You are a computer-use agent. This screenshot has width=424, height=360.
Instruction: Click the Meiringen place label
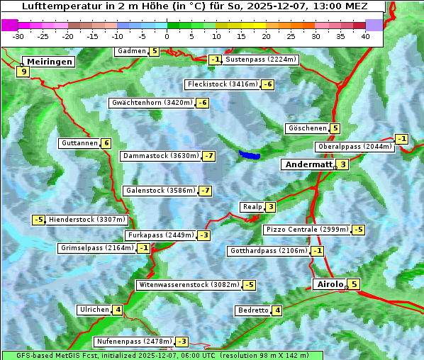pyautogui.click(x=48, y=62)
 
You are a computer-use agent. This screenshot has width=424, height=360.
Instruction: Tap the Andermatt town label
pyautogui.click(x=308, y=164)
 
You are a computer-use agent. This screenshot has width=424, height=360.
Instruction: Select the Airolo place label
pyautogui.click(x=330, y=284)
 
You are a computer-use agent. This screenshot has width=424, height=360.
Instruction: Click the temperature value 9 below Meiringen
pyautogui.click(x=24, y=72)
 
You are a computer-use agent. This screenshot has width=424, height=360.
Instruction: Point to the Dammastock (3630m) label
pyautogui.click(x=160, y=156)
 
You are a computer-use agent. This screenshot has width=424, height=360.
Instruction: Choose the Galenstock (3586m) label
pyautogui.click(x=160, y=191)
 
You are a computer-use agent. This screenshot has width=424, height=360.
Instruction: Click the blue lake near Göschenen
pyautogui.click(x=250, y=154)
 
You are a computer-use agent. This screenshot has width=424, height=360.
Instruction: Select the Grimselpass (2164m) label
pyautogui.click(x=97, y=248)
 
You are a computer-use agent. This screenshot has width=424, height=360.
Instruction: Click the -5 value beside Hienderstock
pyautogui.click(x=38, y=220)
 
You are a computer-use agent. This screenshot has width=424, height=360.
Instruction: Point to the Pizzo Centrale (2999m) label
pyautogui.click(x=307, y=230)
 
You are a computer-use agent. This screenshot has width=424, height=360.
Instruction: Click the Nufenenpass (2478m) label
pyautogui.click(x=134, y=342)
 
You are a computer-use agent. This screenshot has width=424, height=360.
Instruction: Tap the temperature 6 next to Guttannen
pyautogui.click(x=106, y=143)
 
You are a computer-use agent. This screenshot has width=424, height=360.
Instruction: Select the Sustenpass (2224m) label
pyautogui.click(x=261, y=60)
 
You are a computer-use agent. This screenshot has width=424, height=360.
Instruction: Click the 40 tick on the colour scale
pyautogui.click(x=365, y=36)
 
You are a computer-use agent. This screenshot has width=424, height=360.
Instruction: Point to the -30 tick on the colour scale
pyautogui.click(x=18, y=36)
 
